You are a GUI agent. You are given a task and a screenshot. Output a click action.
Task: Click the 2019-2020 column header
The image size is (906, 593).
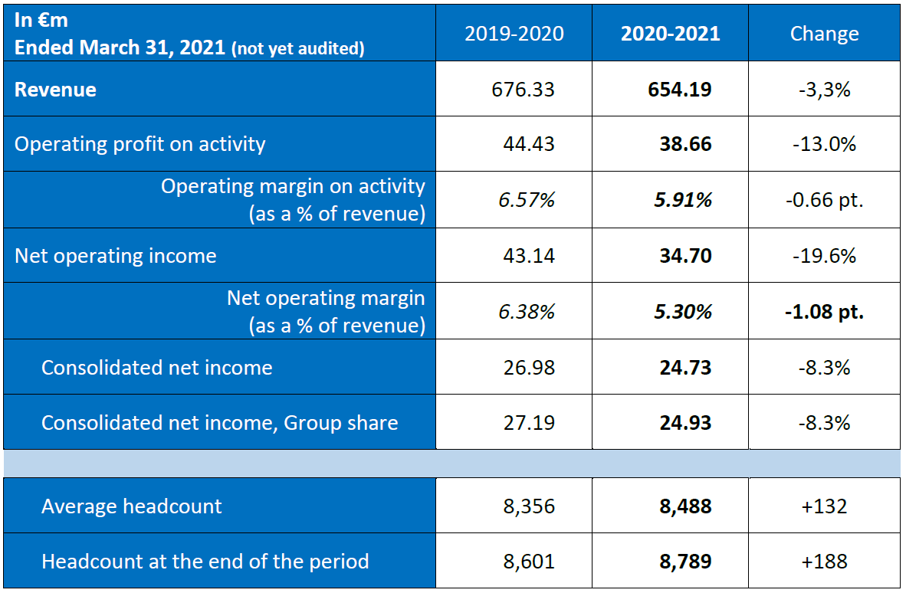[x=514, y=34]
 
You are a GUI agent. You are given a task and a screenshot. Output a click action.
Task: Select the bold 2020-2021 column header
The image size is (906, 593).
[x=670, y=34]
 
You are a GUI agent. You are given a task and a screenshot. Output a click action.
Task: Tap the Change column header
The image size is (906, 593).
[x=824, y=34]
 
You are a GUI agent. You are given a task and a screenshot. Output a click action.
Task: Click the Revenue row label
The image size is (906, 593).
[x=55, y=90]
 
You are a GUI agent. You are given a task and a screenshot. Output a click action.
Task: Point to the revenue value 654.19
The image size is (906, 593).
[x=679, y=90]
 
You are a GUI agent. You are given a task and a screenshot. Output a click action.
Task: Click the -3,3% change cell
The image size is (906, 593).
[x=824, y=90]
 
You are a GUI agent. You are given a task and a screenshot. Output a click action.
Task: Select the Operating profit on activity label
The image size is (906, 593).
[x=140, y=144]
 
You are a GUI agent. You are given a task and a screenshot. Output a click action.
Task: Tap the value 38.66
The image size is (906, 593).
[x=685, y=144]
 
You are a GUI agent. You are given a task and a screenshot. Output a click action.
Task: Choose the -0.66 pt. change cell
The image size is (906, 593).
[x=824, y=200]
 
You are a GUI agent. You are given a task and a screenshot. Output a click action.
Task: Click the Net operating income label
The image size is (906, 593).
[x=116, y=256]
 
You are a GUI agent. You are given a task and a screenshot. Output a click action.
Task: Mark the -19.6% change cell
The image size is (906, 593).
[x=824, y=256]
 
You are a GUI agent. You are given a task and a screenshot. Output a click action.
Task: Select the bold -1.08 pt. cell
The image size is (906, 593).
[x=824, y=312]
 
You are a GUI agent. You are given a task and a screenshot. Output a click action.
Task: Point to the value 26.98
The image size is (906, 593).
[x=529, y=368]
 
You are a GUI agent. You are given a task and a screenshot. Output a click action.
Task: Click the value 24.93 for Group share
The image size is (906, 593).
[x=685, y=423]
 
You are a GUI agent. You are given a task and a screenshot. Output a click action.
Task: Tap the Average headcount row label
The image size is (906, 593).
[x=132, y=506]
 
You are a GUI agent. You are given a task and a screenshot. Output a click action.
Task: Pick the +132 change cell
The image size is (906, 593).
[x=824, y=506]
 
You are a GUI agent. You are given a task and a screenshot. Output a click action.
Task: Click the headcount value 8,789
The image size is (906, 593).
[x=685, y=562]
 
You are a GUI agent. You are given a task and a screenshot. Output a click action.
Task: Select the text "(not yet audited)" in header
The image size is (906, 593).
[x=297, y=49]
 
